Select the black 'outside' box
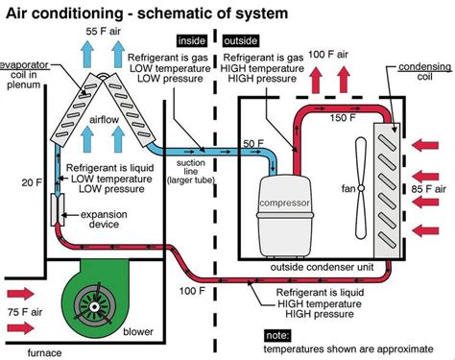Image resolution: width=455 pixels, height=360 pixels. pos(241,41)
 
